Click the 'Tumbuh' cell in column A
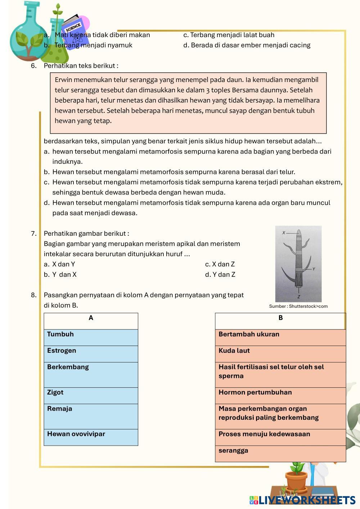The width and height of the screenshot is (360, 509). tap(91, 337)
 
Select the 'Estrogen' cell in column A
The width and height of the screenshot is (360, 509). tap(91, 354)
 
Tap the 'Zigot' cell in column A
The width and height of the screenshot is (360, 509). tap(91, 396)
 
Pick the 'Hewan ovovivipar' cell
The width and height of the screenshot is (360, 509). tap(91, 437)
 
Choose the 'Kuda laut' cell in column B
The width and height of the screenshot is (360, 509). tap(280, 354)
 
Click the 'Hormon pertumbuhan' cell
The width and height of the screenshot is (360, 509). tap(280, 396)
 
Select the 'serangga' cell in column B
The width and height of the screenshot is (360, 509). tap(280, 454)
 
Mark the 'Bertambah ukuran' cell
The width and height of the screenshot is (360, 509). tap(280, 337)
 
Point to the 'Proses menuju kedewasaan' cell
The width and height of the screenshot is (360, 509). tap(280, 437)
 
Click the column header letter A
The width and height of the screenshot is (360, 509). tap(91, 318)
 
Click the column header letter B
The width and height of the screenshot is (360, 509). tap(281, 318)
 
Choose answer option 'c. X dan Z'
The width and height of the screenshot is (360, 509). tap(220, 264)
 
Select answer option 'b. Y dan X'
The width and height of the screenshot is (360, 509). tap(60, 275)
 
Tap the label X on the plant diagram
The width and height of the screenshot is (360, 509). tap(284, 233)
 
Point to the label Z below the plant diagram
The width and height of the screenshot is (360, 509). tap(299, 297)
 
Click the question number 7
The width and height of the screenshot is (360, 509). tap(34, 234)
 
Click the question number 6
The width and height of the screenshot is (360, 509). tap(34, 66)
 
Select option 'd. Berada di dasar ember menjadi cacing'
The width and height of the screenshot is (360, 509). tap(247, 45)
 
